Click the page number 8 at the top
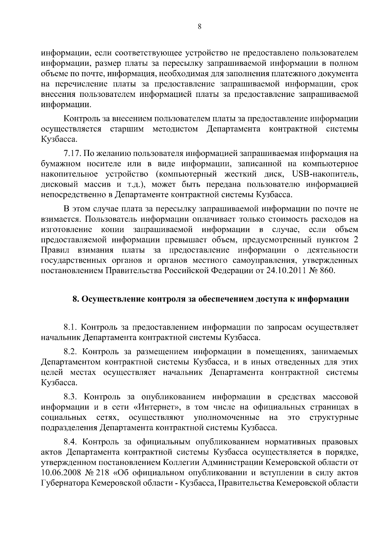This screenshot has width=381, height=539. click(x=200, y=27)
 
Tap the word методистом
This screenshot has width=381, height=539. click(x=176, y=130)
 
